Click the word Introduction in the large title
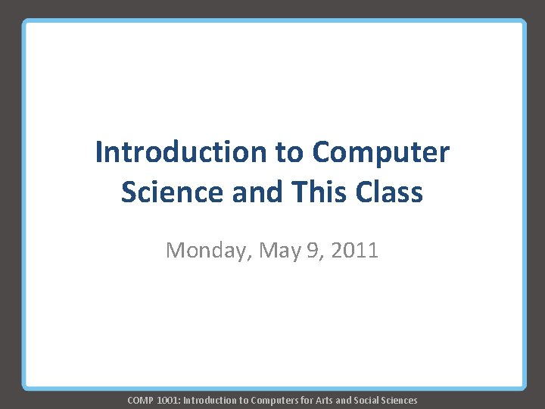tap(181, 152)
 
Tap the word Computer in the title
tap(381, 152)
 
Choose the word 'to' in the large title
tap(288, 152)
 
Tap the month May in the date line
tap(279, 250)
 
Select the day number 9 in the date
tap(313, 249)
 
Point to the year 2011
tap(353, 249)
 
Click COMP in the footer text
tap(140, 400)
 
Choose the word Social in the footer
tap(367, 400)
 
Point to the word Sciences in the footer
tap(400, 400)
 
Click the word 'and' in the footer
tap(345, 400)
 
